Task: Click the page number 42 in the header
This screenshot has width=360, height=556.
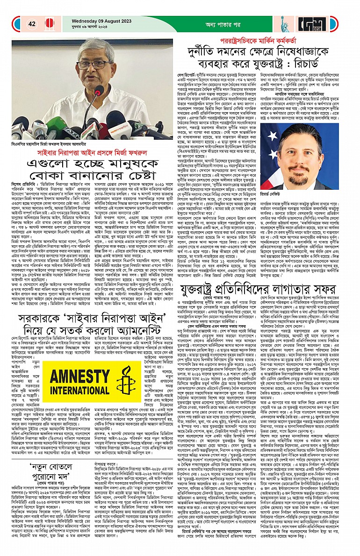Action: pyautogui.click(x=32, y=24)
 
